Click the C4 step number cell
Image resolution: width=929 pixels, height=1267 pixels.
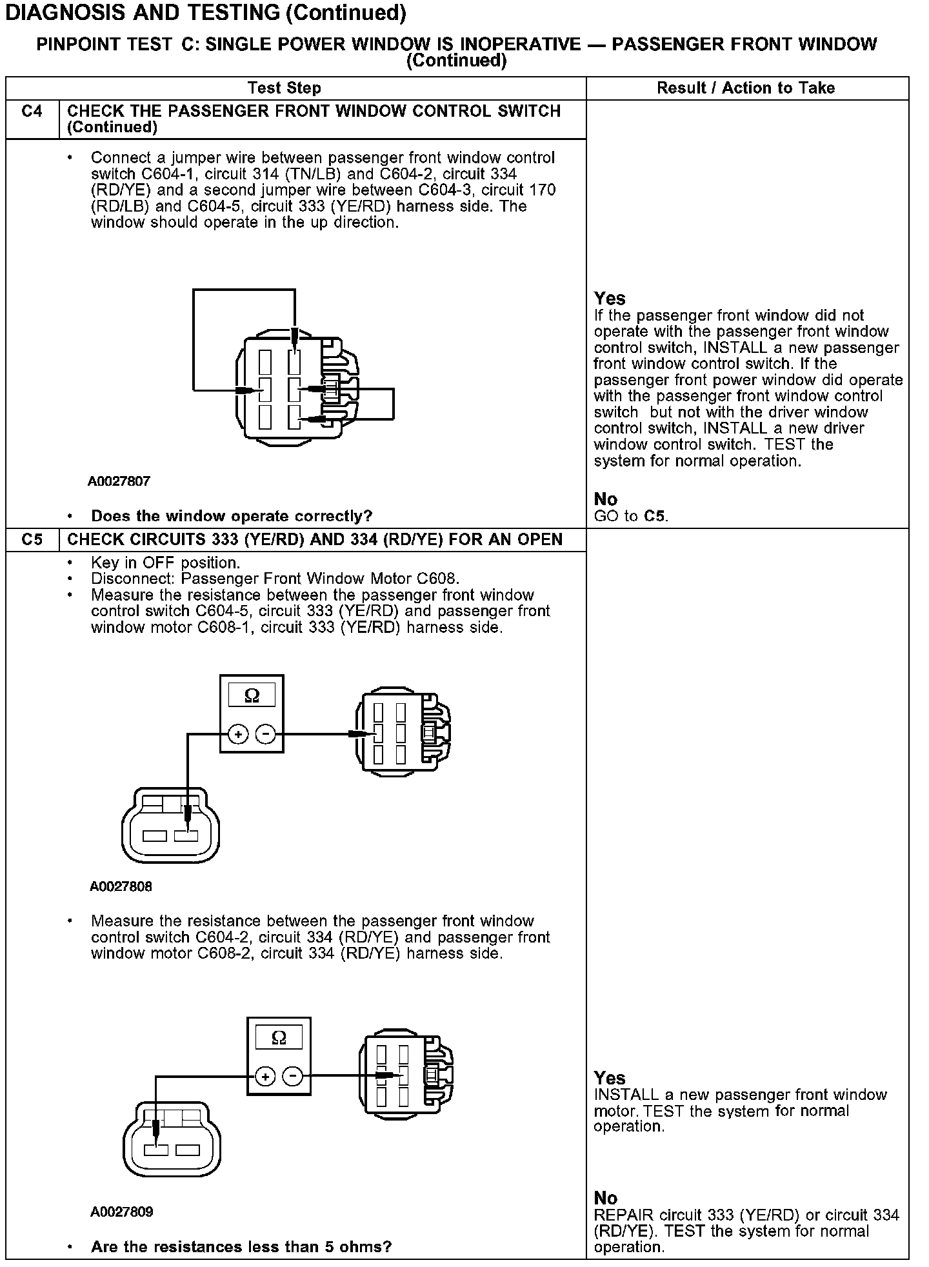pos(32,112)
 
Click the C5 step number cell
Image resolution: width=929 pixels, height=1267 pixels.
pos(32,539)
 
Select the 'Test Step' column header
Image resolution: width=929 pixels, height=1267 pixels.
pos(285,88)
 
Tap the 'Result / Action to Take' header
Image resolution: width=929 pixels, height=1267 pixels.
pos(746,88)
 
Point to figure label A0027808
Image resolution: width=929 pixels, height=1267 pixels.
pos(121,886)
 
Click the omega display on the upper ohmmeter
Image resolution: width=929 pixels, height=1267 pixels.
pos(252,695)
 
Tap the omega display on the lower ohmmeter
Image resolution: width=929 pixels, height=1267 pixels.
pos(279,1037)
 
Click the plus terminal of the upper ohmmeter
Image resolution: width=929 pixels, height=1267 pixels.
pos(238,734)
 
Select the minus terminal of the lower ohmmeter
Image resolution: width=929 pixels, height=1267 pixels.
pos(293,1076)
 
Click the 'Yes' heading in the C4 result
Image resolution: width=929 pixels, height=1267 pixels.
pos(610,299)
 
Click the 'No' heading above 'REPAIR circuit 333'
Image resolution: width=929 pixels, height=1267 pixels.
pos(606,1198)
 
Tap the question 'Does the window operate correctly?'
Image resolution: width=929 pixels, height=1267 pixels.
pos(232,516)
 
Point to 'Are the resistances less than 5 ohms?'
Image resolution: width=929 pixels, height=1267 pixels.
pos(241,1246)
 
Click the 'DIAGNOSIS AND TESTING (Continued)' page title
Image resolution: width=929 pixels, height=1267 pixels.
pos(205,13)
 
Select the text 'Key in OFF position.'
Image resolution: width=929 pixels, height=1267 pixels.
pos(166,563)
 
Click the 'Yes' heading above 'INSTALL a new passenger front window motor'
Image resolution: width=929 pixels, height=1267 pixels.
pos(610,1078)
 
